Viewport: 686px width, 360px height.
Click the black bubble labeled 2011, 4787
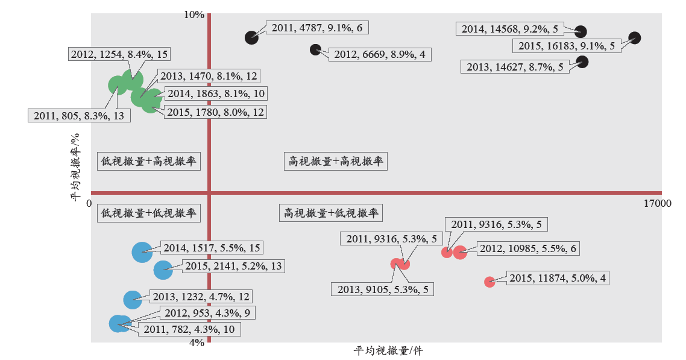(x=251, y=37)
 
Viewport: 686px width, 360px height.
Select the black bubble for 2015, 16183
(x=634, y=38)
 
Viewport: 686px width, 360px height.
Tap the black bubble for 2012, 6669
(x=315, y=49)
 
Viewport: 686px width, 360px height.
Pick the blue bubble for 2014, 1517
(x=142, y=252)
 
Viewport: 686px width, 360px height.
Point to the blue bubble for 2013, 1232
(x=133, y=300)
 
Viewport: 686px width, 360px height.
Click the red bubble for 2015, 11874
(x=489, y=282)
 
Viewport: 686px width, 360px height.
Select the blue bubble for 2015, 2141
(x=163, y=270)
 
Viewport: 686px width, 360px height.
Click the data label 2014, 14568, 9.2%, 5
(x=510, y=29)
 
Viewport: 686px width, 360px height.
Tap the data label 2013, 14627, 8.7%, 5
(x=515, y=67)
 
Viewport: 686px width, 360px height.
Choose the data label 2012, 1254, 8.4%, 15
(x=119, y=54)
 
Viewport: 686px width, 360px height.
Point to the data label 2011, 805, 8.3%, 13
(x=79, y=116)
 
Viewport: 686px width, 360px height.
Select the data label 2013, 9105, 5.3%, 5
(x=383, y=289)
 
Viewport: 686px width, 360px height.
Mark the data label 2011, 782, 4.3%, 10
(x=189, y=329)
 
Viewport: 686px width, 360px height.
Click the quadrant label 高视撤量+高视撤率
(x=336, y=162)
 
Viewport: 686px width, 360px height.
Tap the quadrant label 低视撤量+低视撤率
(x=149, y=213)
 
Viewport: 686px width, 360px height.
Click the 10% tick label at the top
(x=194, y=15)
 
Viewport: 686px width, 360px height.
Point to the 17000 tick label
(x=657, y=203)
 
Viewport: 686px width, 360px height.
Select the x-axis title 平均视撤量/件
(x=388, y=351)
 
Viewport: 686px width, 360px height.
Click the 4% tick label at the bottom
(x=197, y=343)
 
